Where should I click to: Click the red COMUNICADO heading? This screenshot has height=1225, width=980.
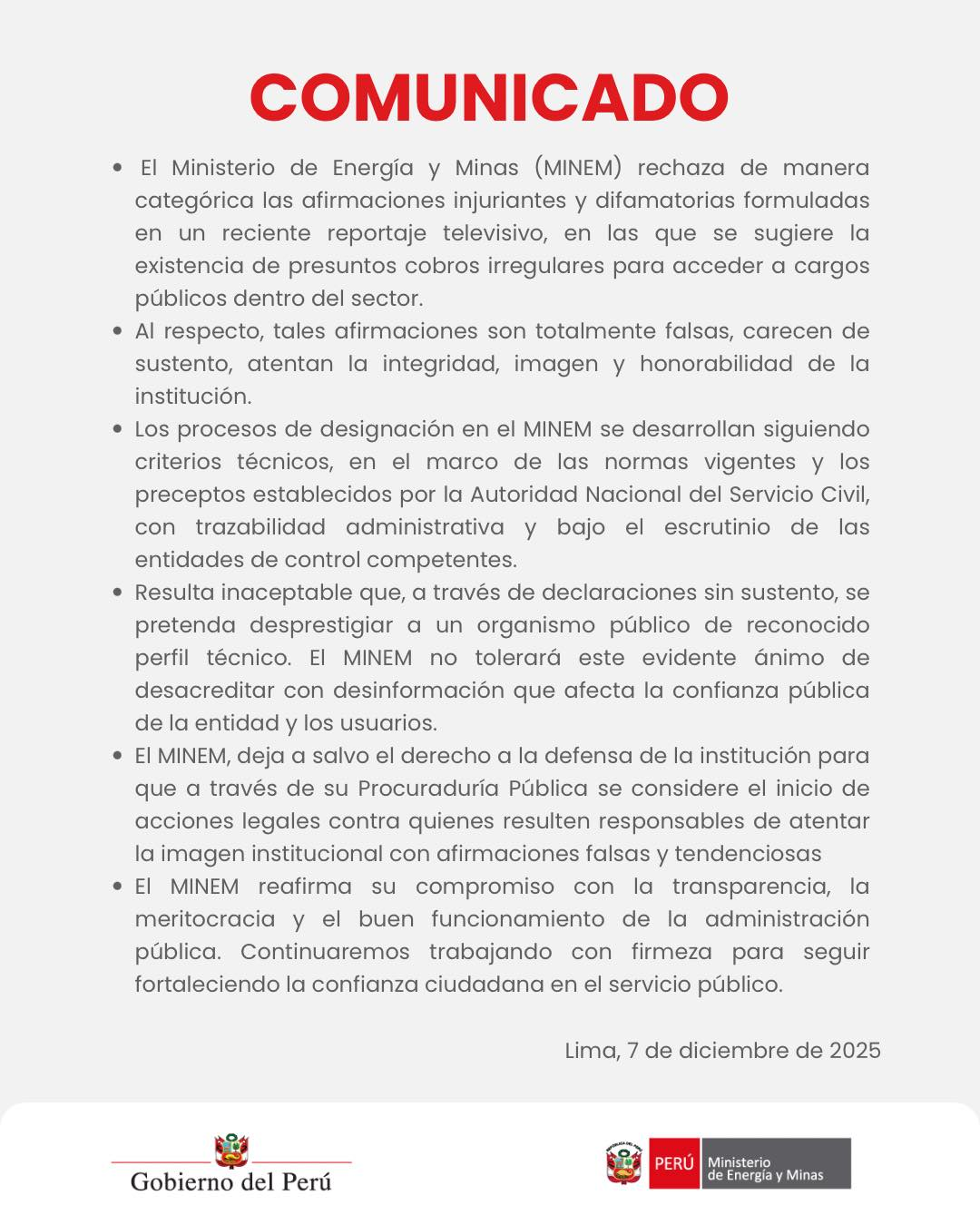pyautogui.click(x=489, y=98)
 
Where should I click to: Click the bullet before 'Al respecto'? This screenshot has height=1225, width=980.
pyautogui.click(x=117, y=331)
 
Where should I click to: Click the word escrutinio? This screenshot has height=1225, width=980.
pyautogui.click(x=717, y=527)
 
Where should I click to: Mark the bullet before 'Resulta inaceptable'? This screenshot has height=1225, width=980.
pyautogui.click(x=117, y=593)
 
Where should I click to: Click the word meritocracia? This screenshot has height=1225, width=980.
pyautogui.click(x=205, y=919)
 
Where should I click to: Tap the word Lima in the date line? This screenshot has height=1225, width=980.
pyautogui.click(x=591, y=1051)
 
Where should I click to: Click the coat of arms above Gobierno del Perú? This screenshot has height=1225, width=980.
pyautogui.click(x=231, y=1151)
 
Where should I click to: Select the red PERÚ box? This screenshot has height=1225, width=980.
pyautogui.click(x=673, y=1163)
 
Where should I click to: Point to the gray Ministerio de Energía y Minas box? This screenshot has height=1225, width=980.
pyautogui.click(x=776, y=1163)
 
